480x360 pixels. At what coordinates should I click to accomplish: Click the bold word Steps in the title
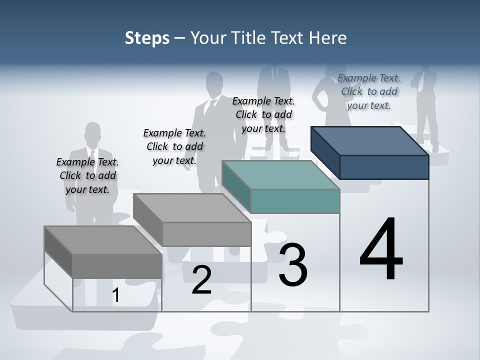[x=147, y=38]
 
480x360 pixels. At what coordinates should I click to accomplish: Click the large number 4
[x=381, y=250]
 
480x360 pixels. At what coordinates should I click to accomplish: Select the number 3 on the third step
[x=293, y=265]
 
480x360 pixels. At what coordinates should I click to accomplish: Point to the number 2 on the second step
[x=201, y=280]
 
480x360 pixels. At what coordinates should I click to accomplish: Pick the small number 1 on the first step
[x=115, y=295]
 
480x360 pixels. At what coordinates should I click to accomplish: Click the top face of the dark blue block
[x=370, y=140]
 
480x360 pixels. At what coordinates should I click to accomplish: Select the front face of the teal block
[x=295, y=201]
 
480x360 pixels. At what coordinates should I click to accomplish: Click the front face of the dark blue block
[x=384, y=167]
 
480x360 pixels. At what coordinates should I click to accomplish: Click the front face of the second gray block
[x=207, y=234]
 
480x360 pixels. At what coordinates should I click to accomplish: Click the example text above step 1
[x=87, y=175]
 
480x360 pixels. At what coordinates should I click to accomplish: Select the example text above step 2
[x=174, y=146]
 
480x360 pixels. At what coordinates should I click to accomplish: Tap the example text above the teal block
[x=263, y=114]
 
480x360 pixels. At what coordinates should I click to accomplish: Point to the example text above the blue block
[x=369, y=91]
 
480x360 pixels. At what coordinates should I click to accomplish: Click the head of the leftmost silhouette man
[x=92, y=134]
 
